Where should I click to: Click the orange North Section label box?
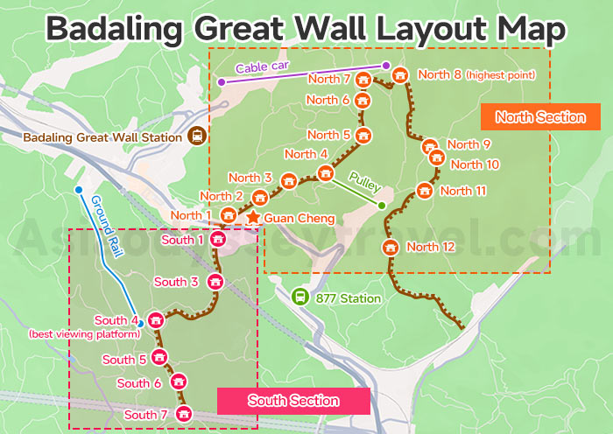540,117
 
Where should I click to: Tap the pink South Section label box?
292,401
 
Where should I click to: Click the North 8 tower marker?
400,75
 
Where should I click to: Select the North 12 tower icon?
391,247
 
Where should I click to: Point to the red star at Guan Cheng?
252,216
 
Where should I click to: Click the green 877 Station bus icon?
299,297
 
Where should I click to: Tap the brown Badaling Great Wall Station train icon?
197,136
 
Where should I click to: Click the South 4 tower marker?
156,320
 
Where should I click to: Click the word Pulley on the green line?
363,185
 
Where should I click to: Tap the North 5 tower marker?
363,135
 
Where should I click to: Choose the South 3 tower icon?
215,282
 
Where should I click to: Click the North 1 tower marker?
228,215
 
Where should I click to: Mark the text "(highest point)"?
500,75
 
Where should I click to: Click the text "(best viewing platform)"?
84,334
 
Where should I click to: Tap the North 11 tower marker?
424,191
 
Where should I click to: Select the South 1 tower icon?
220,240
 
